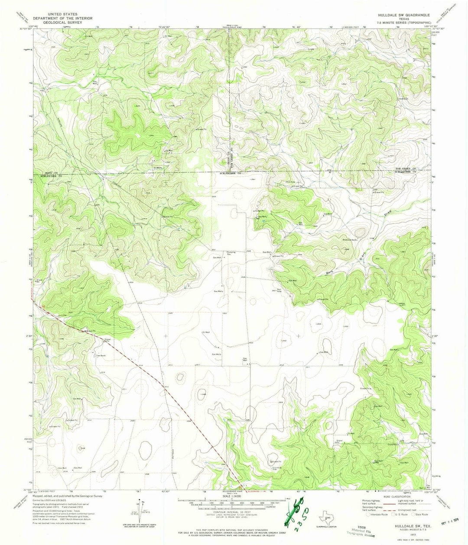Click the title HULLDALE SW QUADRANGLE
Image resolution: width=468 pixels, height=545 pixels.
(x=403, y=15)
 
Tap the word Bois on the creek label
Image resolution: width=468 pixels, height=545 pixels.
(x=331, y=273)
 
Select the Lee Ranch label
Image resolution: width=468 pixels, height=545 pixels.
(x=101, y=355)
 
